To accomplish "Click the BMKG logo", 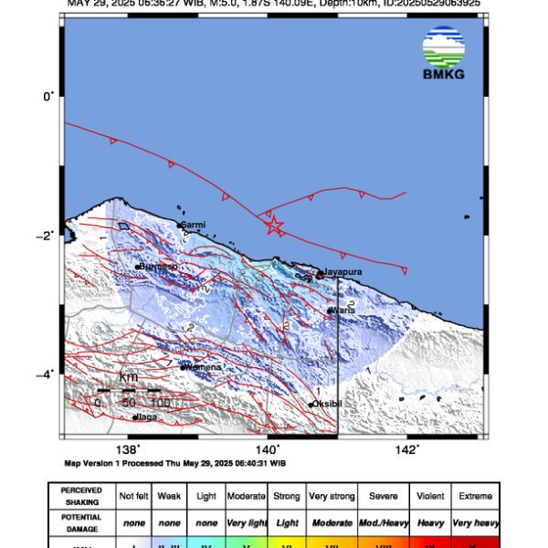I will pos(444,53).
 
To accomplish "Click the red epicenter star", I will pos(273,226).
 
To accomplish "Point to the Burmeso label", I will pos(158,267).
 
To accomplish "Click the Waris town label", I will pos(342,311).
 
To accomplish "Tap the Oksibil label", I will pos(326,404).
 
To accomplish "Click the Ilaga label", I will pos(147,417).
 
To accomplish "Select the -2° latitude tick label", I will pos(48,234).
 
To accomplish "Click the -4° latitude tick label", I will pos(48,373).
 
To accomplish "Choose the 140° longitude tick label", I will pos(268,449).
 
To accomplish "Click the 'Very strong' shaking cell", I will pos(331,496).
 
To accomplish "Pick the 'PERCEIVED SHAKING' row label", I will pos(81,496).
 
